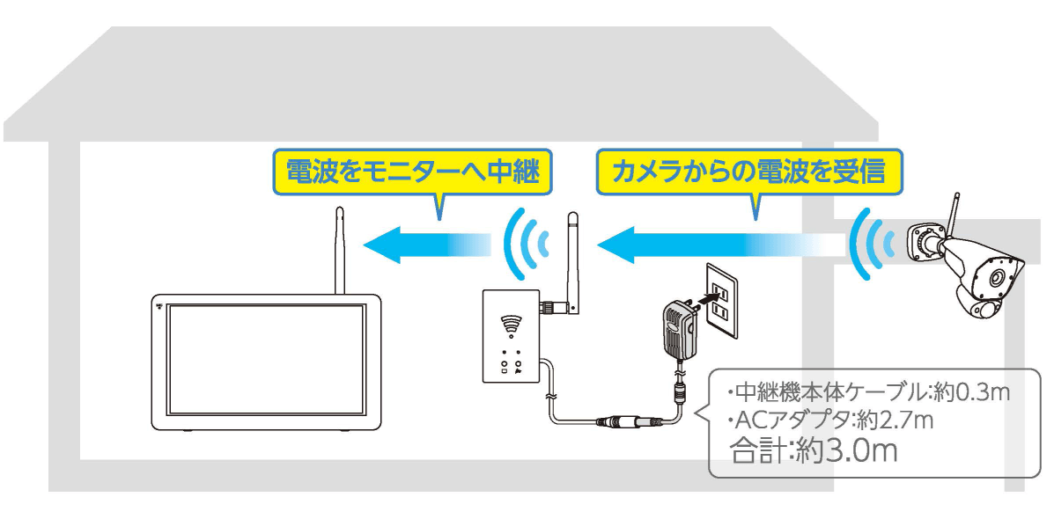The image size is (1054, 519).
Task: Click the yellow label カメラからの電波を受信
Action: tap(749, 170)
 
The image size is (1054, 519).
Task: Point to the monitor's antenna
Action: tap(341, 251)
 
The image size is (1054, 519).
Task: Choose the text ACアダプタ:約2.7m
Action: tap(830, 420)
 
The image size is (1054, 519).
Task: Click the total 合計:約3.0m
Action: tap(814, 451)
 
